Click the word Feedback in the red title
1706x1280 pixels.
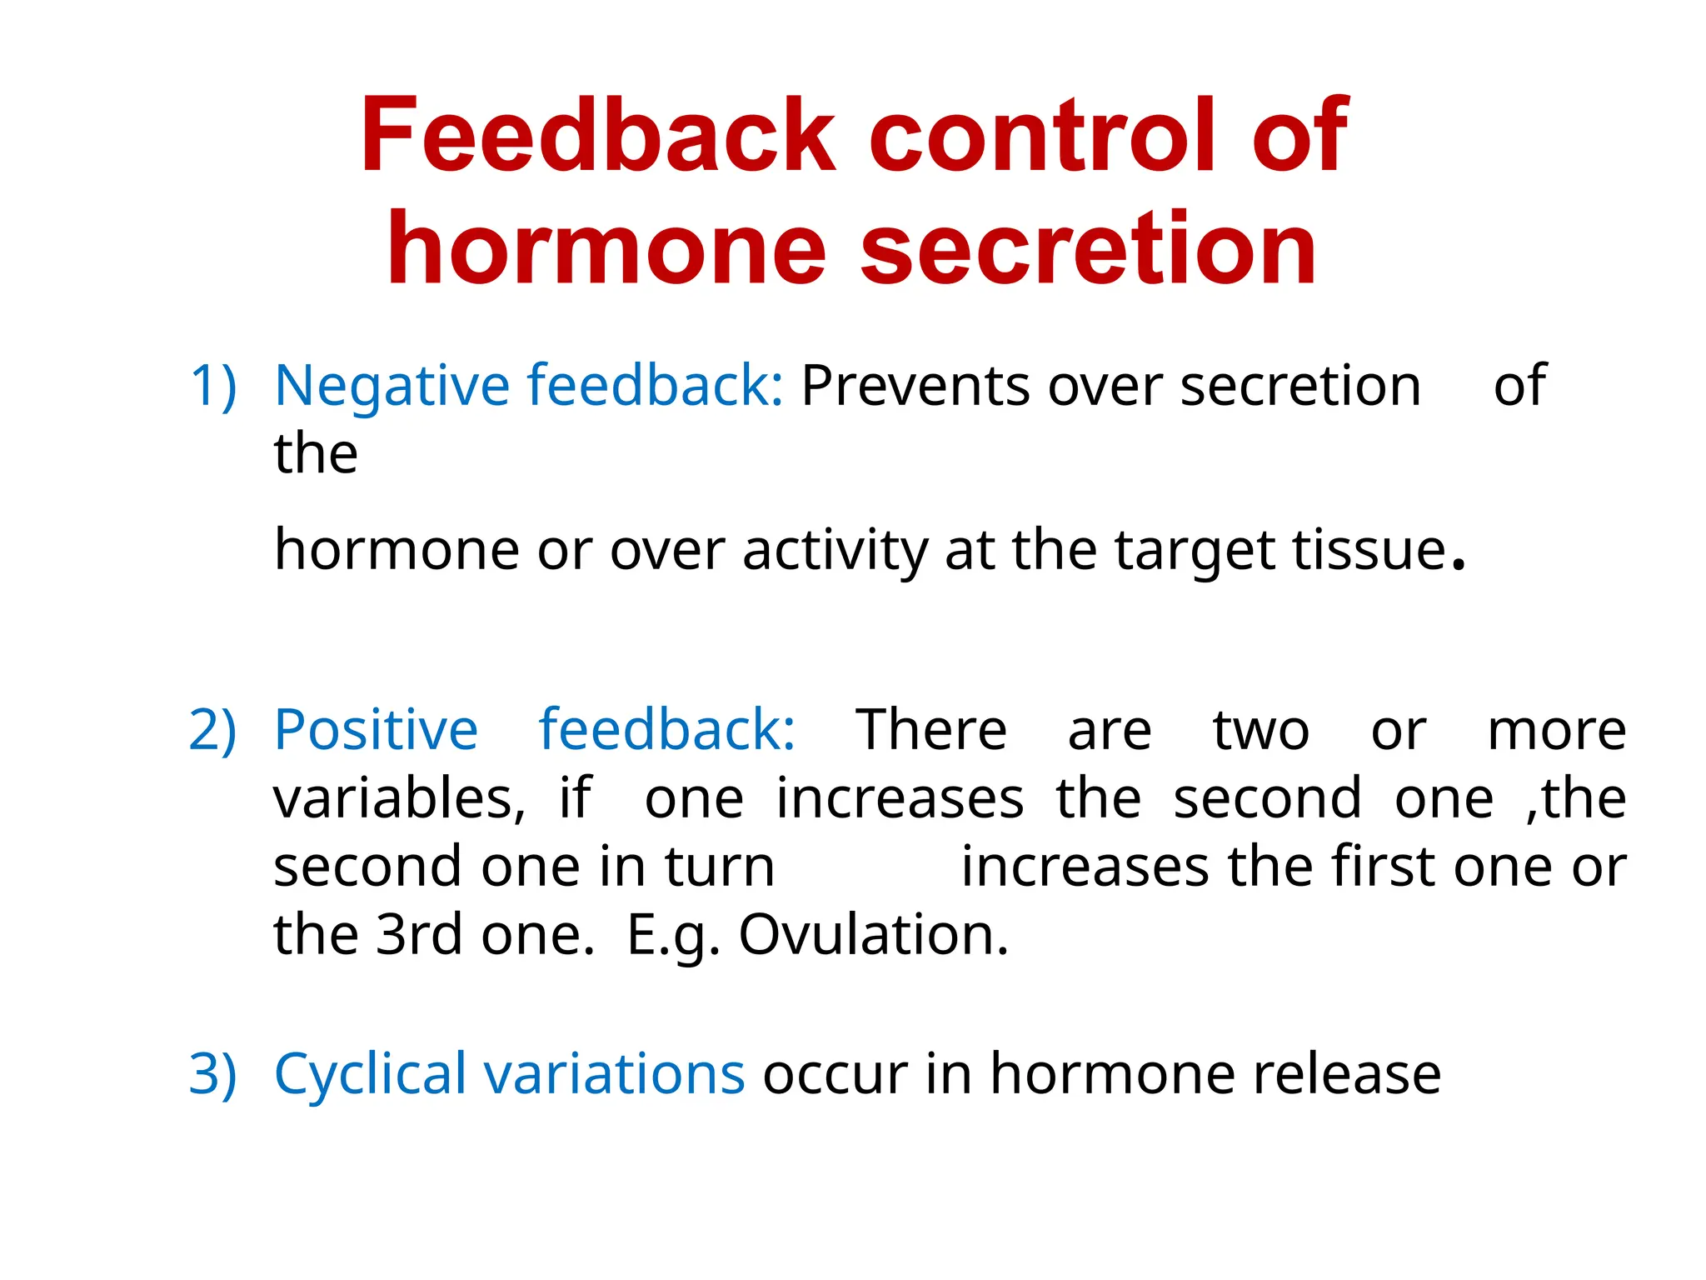pos(596,135)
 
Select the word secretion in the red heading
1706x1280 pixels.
pos(1088,248)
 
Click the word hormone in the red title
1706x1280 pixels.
pos(606,248)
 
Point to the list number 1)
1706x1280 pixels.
pos(213,386)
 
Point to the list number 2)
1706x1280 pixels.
pos(213,730)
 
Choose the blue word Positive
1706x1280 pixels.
pos(376,730)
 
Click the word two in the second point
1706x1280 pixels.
pos(1260,730)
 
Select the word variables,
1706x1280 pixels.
pos(399,798)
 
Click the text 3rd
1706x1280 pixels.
pos(419,934)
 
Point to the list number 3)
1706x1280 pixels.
pos(213,1073)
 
